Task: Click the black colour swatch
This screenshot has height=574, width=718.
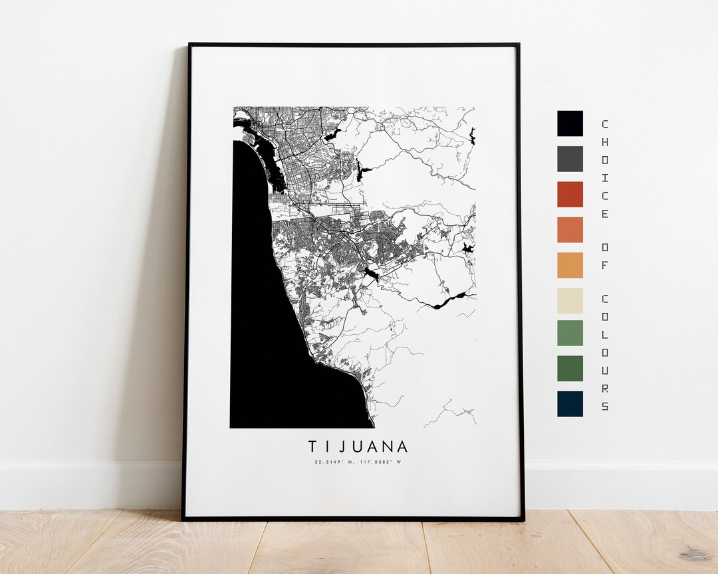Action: (x=570, y=124)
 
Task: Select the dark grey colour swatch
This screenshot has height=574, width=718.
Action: (x=570, y=159)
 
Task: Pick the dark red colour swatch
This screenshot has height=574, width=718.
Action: (x=570, y=194)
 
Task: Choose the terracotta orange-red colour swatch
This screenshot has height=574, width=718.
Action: (x=570, y=229)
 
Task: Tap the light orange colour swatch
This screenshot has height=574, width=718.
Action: (x=570, y=265)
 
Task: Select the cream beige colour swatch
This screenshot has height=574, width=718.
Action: (x=570, y=300)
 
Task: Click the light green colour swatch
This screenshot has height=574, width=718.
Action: (x=570, y=333)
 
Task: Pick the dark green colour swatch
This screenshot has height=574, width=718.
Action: (x=570, y=368)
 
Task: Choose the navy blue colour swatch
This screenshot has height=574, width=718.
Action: (x=570, y=403)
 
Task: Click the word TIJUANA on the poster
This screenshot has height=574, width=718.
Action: (x=358, y=446)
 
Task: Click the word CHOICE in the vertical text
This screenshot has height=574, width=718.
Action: (x=604, y=169)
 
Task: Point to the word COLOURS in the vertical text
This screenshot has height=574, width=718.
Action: (x=604, y=352)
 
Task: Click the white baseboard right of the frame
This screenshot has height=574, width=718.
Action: (x=618, y=485)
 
